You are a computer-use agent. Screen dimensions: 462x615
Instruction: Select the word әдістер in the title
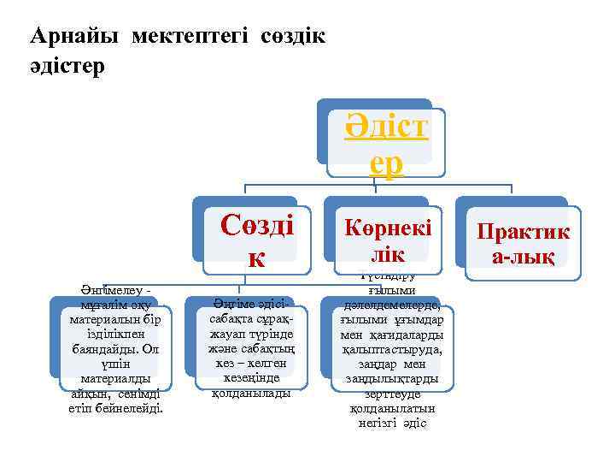67,66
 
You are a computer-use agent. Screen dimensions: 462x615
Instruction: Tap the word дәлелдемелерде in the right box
392,305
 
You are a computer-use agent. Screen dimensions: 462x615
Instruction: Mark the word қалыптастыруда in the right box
392,350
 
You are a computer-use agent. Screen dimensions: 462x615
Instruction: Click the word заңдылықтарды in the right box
392,379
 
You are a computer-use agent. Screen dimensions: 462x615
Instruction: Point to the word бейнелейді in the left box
128,408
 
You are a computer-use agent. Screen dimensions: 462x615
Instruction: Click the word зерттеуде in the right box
392,394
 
